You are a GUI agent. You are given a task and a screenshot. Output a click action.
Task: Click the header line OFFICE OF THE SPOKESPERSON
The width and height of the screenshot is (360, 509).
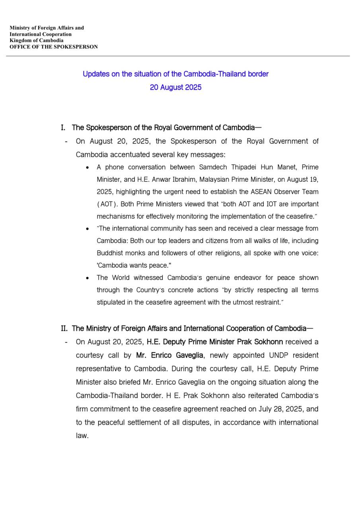[54, 47]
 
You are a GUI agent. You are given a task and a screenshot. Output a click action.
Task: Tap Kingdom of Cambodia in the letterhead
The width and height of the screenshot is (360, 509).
[37, 41]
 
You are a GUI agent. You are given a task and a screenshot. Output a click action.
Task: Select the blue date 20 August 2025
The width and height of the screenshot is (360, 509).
[175, 87]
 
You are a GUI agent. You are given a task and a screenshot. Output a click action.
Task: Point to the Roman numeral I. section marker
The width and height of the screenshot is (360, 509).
[63, 128]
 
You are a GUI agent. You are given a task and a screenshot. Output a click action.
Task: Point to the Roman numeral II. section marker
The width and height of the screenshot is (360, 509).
[64, 328]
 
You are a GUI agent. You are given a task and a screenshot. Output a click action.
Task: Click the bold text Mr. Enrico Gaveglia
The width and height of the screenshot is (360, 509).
[169, 355]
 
